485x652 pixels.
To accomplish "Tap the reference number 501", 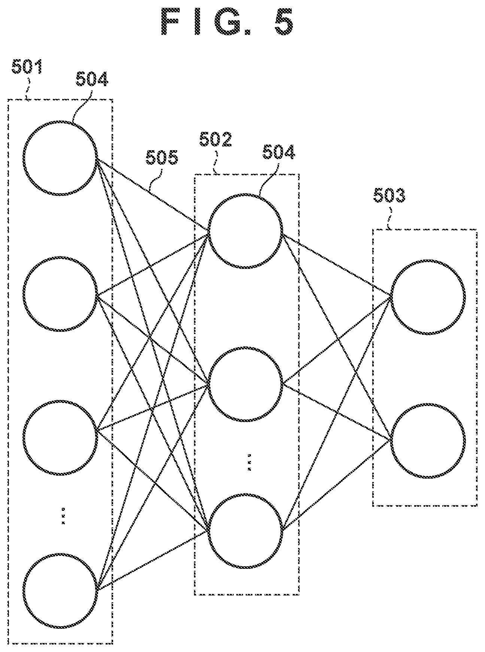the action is pyautogui.click(x=27, y=67).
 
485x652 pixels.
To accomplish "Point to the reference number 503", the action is pyautogui.click(x=389, y=195).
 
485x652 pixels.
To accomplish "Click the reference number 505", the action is pyautogui.click(x=162, y=158).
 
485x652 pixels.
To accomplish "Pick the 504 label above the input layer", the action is pyautogui.click(x=92, y=79).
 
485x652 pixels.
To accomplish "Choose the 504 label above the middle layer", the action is pyautogui.click(x=279, y=152).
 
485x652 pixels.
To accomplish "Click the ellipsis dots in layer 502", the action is pyautogui.click(x=249, y=462).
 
